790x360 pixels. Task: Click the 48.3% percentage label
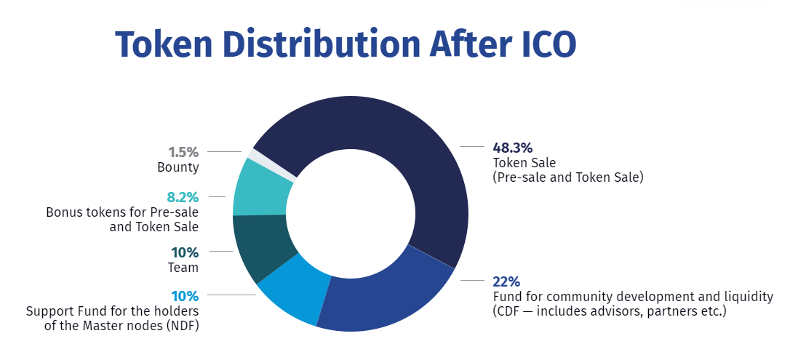(512, 147)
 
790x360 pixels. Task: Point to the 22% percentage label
(506, 281)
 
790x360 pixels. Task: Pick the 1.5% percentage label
(183, 152)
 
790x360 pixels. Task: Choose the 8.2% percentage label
(183, 196)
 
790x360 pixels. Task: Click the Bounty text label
(177, 167)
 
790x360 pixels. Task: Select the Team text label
(183, 268)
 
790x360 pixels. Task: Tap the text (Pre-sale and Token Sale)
(568, 177)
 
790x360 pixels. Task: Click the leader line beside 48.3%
(473, 147)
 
